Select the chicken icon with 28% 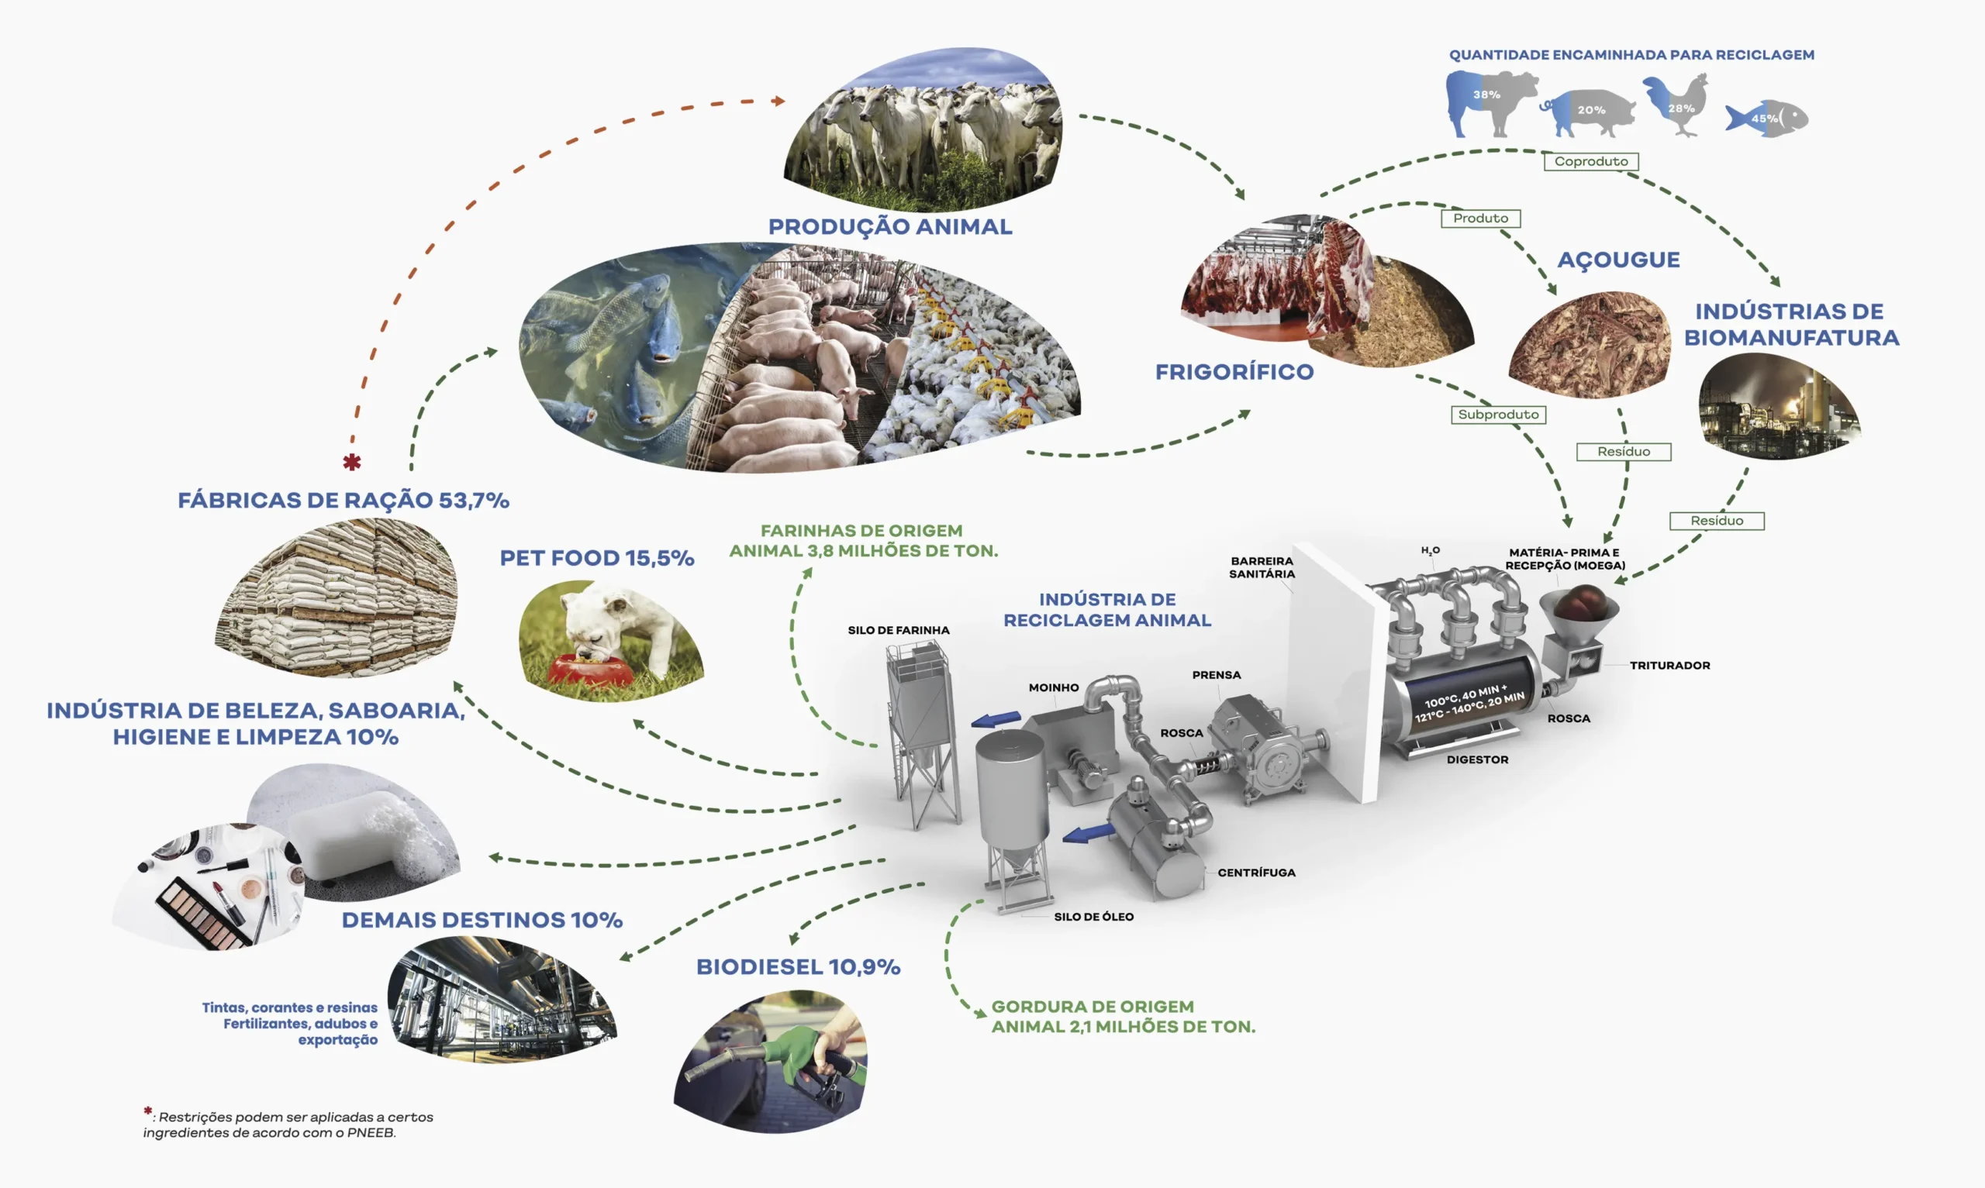(x=1676, y=105)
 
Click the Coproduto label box (x=1591, y=162)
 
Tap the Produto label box (x=1480, y=219)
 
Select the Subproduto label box (x=1497, y=415)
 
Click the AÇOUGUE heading (x=1618, y=260)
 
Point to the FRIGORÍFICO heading (x=1234, y=372)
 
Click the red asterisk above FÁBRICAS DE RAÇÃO (x=351, y=462)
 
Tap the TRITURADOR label (x=1669, y=665)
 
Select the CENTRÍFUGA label (x=1256, y=873)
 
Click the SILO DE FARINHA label (x=899, y=631)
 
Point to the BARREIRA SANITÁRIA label (x=1262, y=567)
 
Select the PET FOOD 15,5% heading (x=596, y=558)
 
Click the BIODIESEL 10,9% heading (x=799, y=967)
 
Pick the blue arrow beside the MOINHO (x=996, y=719)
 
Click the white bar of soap (x=344, y=832)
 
